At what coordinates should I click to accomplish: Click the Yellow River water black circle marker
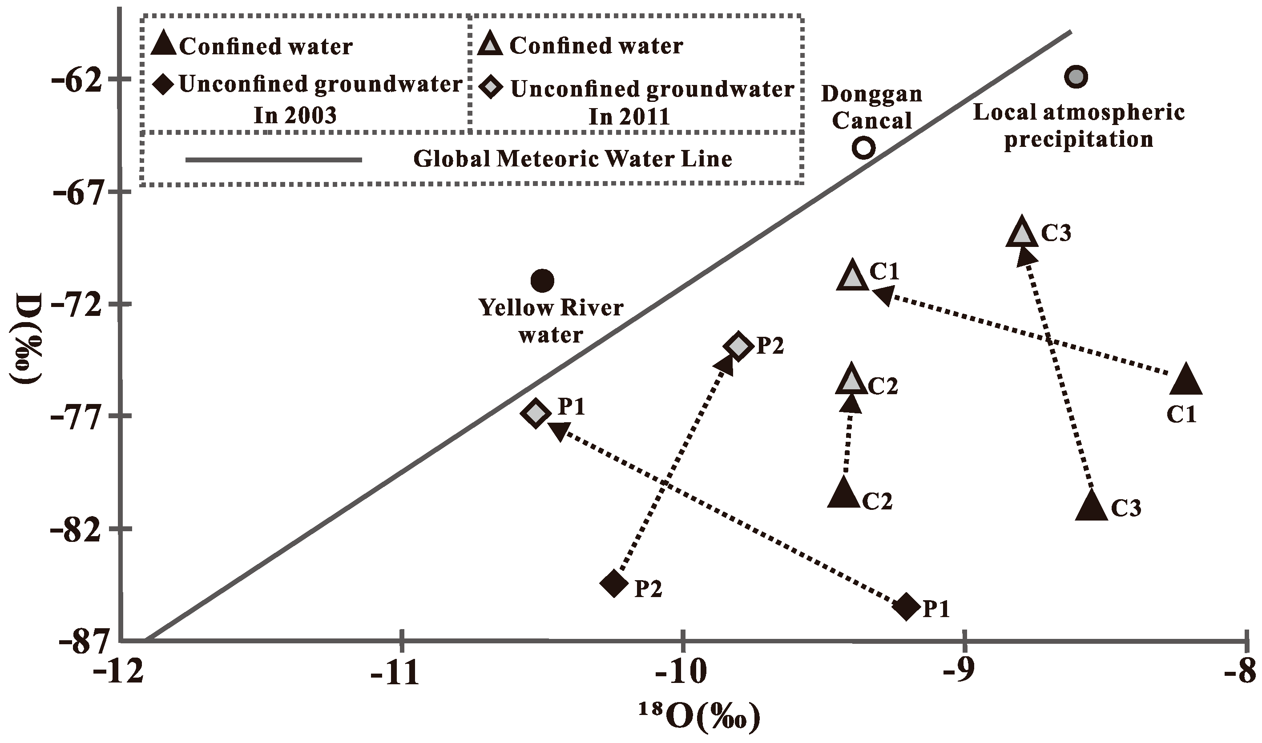coord(542,281)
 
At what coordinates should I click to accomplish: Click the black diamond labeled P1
coord(907,607)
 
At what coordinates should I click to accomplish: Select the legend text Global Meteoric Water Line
coord(573,159)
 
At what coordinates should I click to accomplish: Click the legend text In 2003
coord(295,116)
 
